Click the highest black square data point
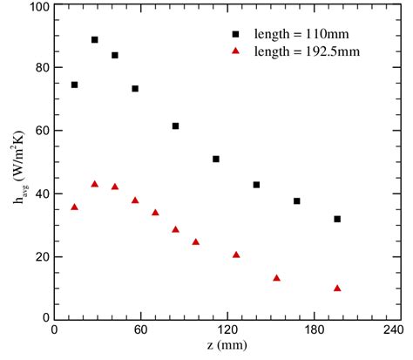(x=94, y=40)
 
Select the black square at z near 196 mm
(x=337, y=219)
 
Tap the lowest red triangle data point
(x=337, y=288)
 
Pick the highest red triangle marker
(x=94, y=184)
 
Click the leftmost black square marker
(x=74, y=85)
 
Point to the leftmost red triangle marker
(x=74, y=207)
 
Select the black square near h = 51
(x=215, y=159)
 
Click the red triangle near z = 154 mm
(x=276, y=278)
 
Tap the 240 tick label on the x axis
(x=392, y=330)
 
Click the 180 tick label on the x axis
(x=307, y=330)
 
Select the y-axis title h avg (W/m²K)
(x=17, y=162)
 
